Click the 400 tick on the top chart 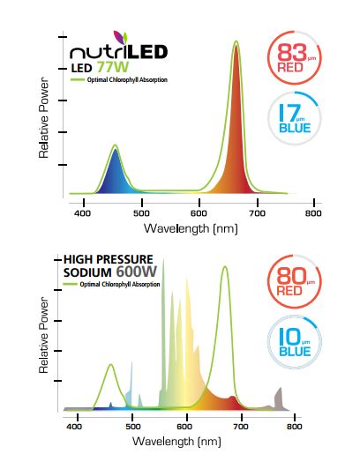pyautogui.click(x=84, y=212)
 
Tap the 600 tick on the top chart pyautogui.click(x=199, y=212)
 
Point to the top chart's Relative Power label pyautogui.click(x=43, y=128)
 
